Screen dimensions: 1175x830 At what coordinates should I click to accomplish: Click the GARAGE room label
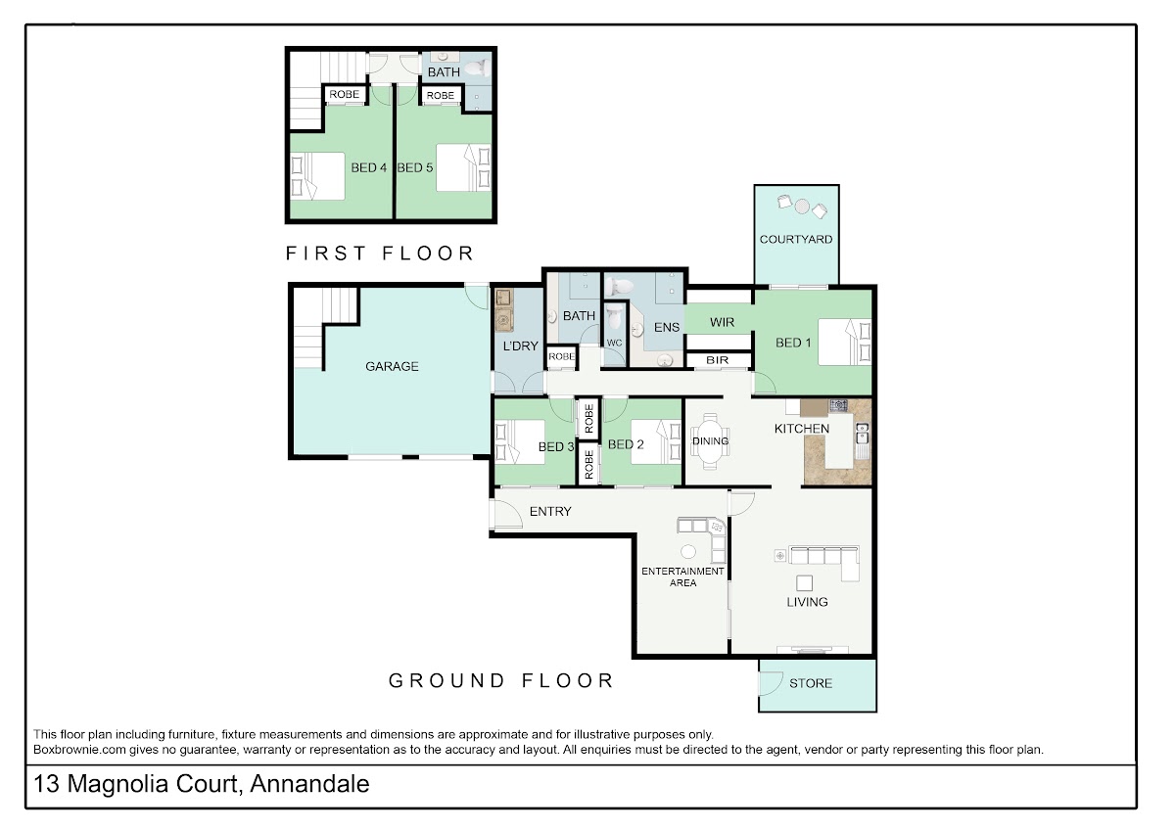point(392,366)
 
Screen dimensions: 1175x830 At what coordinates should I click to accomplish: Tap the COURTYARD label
point(796,239)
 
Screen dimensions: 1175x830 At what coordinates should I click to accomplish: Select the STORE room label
point(811,683)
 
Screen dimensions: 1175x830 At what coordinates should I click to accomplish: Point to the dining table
point(710,441)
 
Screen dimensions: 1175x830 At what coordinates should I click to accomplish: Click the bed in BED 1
point(844,342)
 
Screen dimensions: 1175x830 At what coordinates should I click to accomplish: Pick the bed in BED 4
point(317,176)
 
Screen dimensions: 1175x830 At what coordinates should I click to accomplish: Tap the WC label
point(614,343)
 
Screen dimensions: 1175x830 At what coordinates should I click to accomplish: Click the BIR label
point(717,360)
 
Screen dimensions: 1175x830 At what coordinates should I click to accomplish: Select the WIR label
point(722,322)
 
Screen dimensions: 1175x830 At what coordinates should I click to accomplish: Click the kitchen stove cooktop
point(838,405)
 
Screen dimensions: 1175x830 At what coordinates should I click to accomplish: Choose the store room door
point(772,684)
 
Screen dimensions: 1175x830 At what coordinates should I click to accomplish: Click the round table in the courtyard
point(802,207)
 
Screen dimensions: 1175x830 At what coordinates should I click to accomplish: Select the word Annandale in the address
point(309,784)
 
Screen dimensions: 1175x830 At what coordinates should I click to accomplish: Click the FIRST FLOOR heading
point(380,254)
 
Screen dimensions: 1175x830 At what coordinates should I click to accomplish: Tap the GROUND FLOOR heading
point(501,680)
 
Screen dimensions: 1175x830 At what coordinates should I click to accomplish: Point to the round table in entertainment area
point(688,552)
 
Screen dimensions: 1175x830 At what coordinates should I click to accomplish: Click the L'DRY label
point(520,346)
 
